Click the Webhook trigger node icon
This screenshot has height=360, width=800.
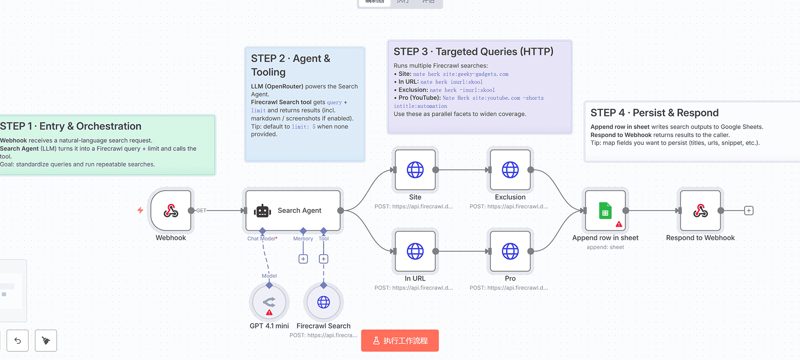[171, 210]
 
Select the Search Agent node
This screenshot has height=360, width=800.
[293, 210]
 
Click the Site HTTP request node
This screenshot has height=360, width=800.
[415, 170]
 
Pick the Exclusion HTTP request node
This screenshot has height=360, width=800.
[510, 170]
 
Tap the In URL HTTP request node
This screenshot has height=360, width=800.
[415, 251]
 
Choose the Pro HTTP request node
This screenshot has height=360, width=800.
[510, 251]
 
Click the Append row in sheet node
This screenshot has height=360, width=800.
[605, 210]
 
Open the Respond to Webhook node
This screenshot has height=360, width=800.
[700, 210]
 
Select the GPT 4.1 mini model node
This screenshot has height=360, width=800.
[269, 302]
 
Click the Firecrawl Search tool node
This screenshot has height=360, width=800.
[323, 302]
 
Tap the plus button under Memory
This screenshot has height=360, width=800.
[303, 259]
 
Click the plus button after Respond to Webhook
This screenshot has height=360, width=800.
[749, 210]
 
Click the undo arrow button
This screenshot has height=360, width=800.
[18, 340]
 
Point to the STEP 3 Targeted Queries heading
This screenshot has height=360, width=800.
[473, 52]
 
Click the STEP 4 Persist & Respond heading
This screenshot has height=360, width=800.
[654, 113]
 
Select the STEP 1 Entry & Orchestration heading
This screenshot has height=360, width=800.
[71, 126]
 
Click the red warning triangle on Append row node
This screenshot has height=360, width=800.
[619, 224]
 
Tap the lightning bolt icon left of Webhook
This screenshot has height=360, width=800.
[140, 210]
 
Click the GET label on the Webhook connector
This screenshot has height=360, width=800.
[201, 210]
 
